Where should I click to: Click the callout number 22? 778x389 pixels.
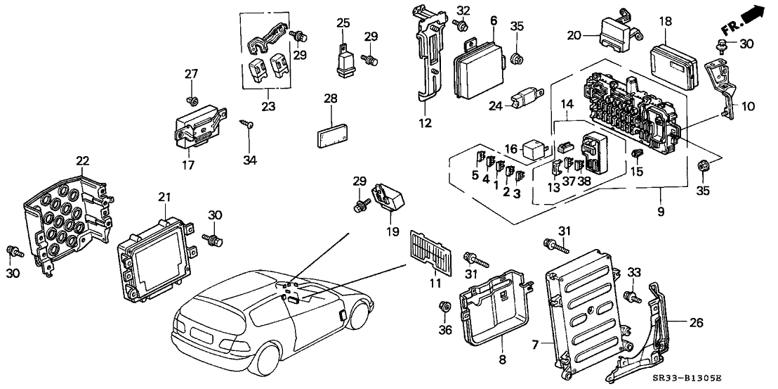pos(84,161)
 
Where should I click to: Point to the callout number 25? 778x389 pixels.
pos(342,23)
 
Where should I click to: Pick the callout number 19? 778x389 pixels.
pos(393,230)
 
